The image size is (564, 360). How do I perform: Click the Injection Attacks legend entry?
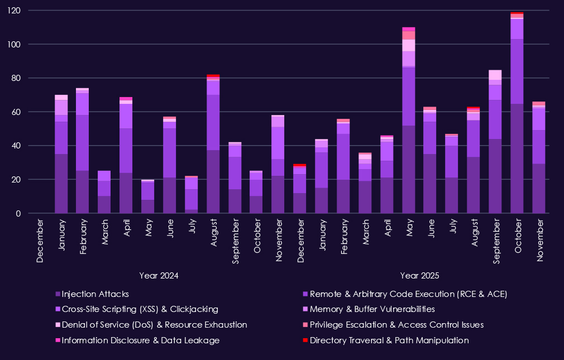click(x=94, y=294)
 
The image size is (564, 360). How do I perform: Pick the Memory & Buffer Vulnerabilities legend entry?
click(x=372, y=309)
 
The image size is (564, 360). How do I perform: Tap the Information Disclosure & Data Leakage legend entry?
click(x=140, y=340)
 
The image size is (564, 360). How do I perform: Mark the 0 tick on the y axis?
click(x=34, y=213)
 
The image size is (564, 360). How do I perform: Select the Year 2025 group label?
click(x=419, y=275)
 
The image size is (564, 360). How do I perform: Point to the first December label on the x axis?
click(x=40, y=240)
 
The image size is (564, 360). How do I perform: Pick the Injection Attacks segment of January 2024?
click(x=61, y=184)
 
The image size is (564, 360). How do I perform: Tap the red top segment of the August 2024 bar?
click(x=213, y=76)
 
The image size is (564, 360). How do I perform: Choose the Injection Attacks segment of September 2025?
click(x=495, y=176)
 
